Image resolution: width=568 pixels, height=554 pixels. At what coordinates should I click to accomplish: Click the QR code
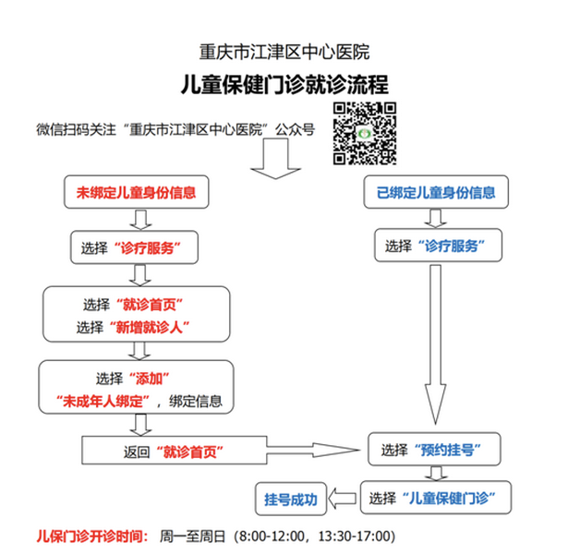tap(365, 134)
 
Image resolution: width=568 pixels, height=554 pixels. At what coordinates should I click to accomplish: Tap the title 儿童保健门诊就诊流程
tap(284, 85)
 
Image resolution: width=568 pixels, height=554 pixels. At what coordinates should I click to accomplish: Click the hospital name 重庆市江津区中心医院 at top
tap(284, 52)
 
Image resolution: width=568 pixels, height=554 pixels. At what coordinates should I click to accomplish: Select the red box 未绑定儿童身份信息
tap(137, 192)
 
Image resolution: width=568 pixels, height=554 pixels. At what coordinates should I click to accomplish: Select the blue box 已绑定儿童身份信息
tap(436, 192)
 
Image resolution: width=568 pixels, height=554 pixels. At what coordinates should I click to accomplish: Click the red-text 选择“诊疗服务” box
tap(135, 247)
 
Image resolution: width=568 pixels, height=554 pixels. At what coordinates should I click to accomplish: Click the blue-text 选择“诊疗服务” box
tap(439, 245)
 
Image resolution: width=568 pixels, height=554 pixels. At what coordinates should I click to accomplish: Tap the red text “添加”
tap(149, 379)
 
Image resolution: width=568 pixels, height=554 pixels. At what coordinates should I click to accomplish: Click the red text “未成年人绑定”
tap(103, 402)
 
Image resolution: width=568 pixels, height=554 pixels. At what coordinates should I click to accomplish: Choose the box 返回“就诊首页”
tap(175, 450)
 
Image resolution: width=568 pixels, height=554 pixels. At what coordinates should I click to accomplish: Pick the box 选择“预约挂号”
tap(434, 449)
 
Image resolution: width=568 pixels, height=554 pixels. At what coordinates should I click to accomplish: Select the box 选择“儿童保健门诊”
tap(436, 498)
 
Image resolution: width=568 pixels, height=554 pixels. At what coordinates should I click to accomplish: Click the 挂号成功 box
tap(291, 499)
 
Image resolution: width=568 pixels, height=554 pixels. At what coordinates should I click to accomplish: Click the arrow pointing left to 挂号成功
tap(343, 499)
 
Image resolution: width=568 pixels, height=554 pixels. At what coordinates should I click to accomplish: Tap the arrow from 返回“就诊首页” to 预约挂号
tap(314, 450)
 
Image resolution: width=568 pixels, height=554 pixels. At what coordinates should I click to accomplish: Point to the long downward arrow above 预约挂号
tap(435, 344)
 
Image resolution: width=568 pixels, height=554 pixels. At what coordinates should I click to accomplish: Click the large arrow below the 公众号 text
tap(275, 159)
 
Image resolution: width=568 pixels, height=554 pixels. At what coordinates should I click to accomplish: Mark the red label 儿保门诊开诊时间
tap(92, 536)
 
